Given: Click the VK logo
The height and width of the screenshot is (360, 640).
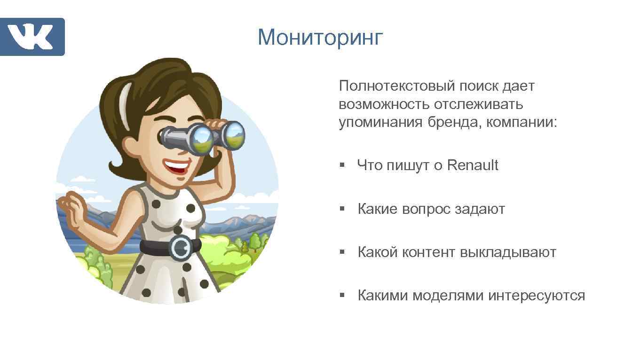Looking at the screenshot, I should [x=32, y=37].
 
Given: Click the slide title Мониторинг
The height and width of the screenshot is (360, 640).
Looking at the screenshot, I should [x=321, y=37].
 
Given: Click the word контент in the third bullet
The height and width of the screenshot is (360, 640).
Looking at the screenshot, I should [x=429, y=252].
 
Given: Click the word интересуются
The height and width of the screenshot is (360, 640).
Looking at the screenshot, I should [x=537, y=296].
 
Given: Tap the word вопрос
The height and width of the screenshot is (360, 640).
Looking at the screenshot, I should [x=426, y=209].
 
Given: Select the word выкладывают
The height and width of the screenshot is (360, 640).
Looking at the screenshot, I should [x=508, y=252].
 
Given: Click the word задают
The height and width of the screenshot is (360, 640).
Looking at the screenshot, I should [x=480, y=209].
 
